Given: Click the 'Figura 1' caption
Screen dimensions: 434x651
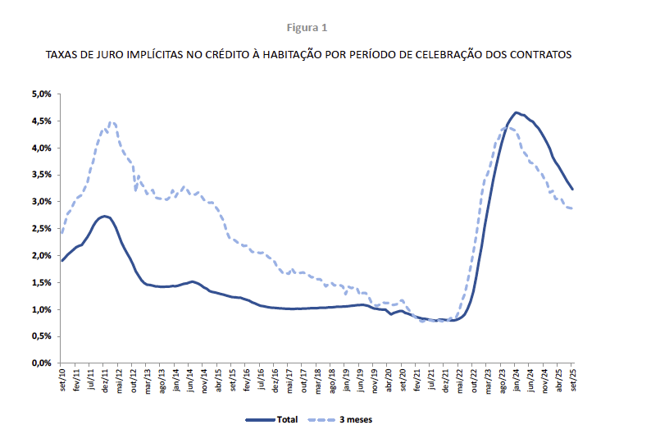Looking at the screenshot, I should point(307,27).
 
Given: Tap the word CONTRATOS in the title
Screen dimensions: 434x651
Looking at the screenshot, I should point(537,55).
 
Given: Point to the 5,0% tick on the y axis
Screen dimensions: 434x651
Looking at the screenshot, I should point(41,94).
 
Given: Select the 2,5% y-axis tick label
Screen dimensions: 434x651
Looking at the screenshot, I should point(41,229).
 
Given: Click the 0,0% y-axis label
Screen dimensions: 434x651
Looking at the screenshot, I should point(41,363).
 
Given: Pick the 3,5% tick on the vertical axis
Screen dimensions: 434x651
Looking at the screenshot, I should point(41,175).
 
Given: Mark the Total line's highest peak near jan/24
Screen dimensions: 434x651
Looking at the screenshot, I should point(516,112).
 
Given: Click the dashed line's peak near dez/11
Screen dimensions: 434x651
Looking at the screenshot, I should point(112,122).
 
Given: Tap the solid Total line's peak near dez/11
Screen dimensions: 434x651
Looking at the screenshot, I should point(104,217).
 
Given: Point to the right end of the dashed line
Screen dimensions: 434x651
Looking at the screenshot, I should point(571,208).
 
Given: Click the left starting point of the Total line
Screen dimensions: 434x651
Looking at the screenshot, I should point(62,261).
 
